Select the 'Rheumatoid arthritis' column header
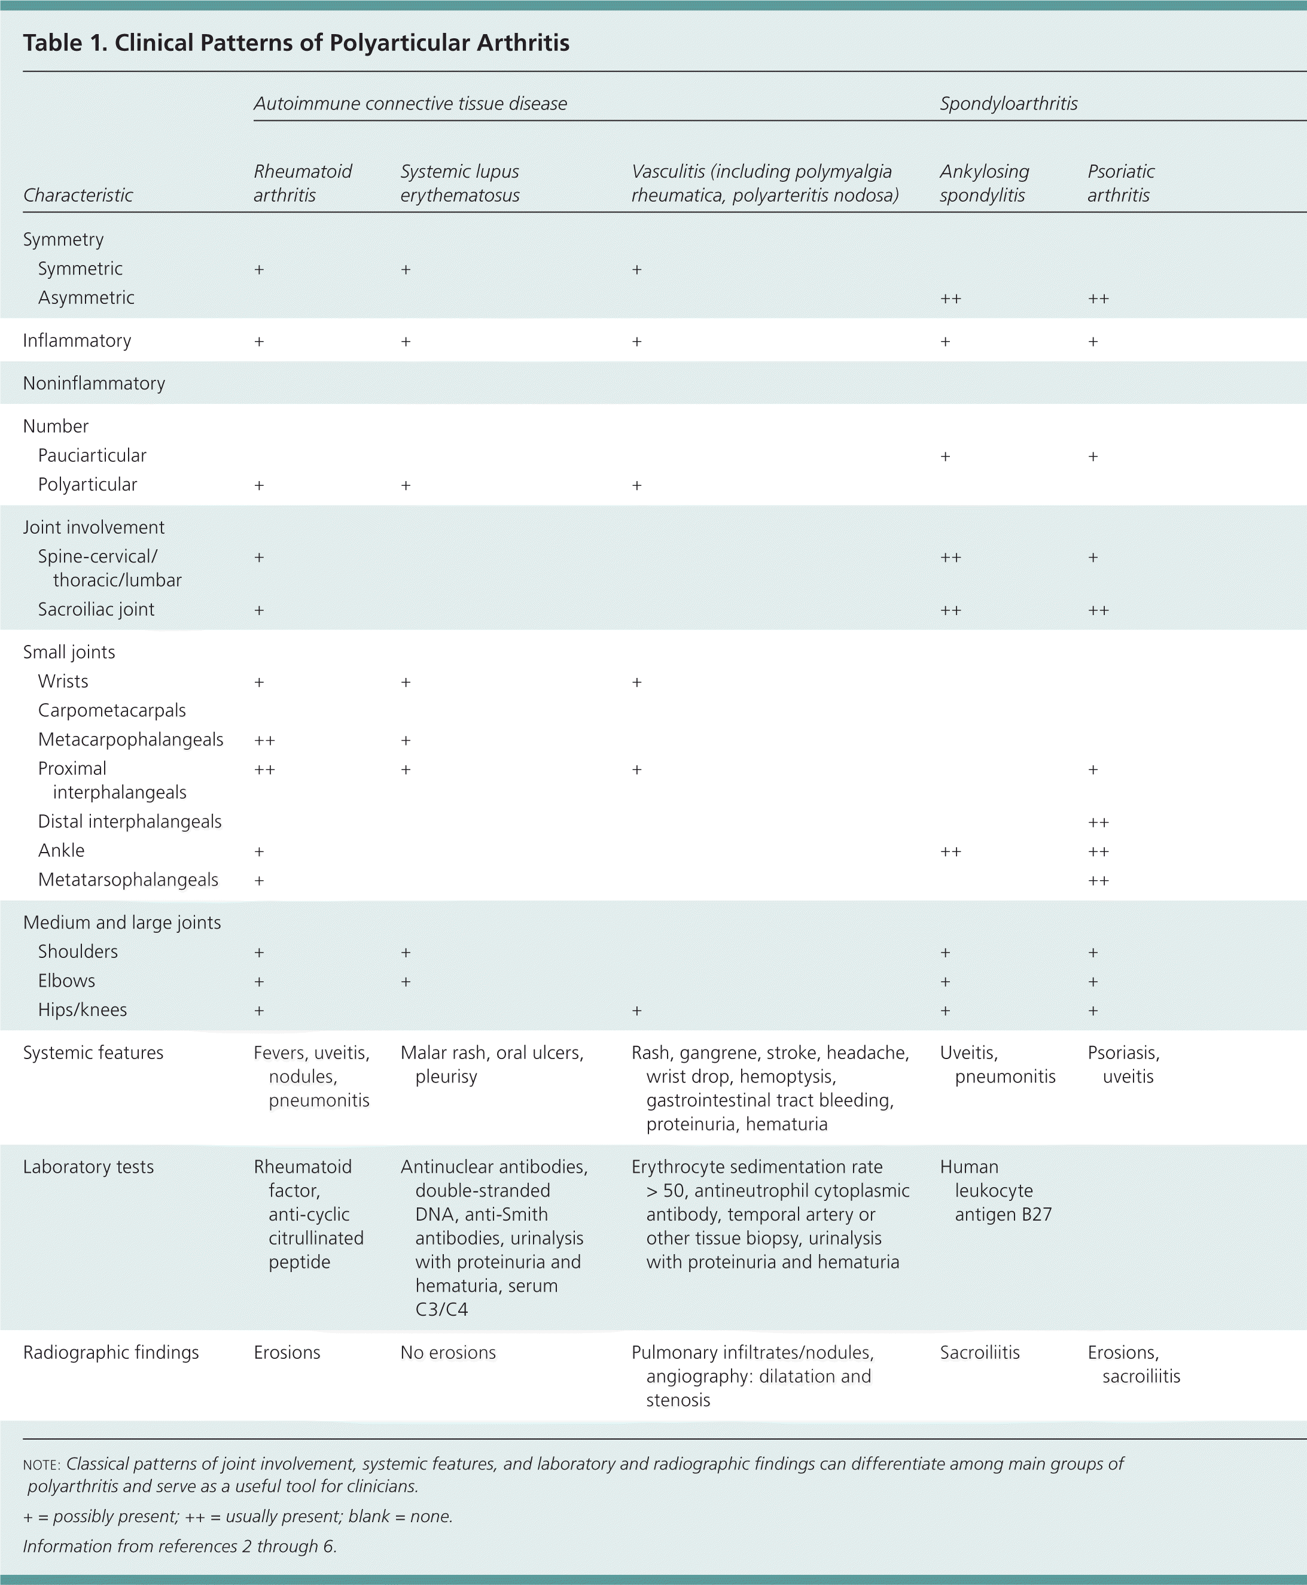[x=302, y=183]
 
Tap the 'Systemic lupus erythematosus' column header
[x=459, y=183]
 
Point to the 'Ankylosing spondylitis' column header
[x=984, y=183]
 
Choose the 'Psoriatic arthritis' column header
[x=1120, y=183]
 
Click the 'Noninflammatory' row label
[x=94, y=384]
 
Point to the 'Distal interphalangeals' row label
[x=129, y=822]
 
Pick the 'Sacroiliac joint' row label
[x=96, y=609]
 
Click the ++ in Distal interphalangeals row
[x=1098, y=822]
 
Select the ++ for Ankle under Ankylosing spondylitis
[x=950, y=851]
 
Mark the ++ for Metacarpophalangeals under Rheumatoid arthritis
[x=264, y=740]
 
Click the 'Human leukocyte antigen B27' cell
[x=995, y=1191]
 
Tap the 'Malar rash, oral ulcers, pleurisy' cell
[x=492, y=1064]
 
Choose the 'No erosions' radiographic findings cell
[x=448, y=1352]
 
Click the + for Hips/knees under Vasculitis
[x=637, y=1011]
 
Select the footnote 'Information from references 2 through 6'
[x=180, y=1546]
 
